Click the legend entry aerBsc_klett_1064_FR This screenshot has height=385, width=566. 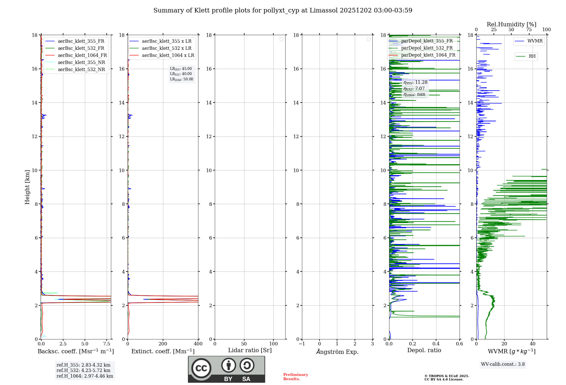tap(82, 55)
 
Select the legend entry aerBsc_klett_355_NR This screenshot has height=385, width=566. tap(81, 63)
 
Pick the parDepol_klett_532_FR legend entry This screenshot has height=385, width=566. tap(427, 48)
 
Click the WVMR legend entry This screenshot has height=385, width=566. tap(535, 41)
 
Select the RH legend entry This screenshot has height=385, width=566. tap(532, 56)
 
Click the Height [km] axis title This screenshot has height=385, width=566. tap(27, 187)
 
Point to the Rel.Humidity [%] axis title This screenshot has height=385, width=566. tap(511, 24)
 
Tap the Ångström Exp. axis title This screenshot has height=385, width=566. tap(337, 352)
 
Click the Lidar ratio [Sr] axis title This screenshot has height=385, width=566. tap(250, 350)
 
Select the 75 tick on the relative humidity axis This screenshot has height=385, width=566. tap(529, 30)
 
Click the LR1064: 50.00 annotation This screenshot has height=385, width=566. tap(181, 79)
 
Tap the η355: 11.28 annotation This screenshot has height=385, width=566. tap(415, 82)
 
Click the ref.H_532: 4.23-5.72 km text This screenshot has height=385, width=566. tap(83, 371)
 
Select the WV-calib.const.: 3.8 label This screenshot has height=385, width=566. tap(503, 364)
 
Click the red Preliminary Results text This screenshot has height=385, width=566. tap(295, 377)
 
